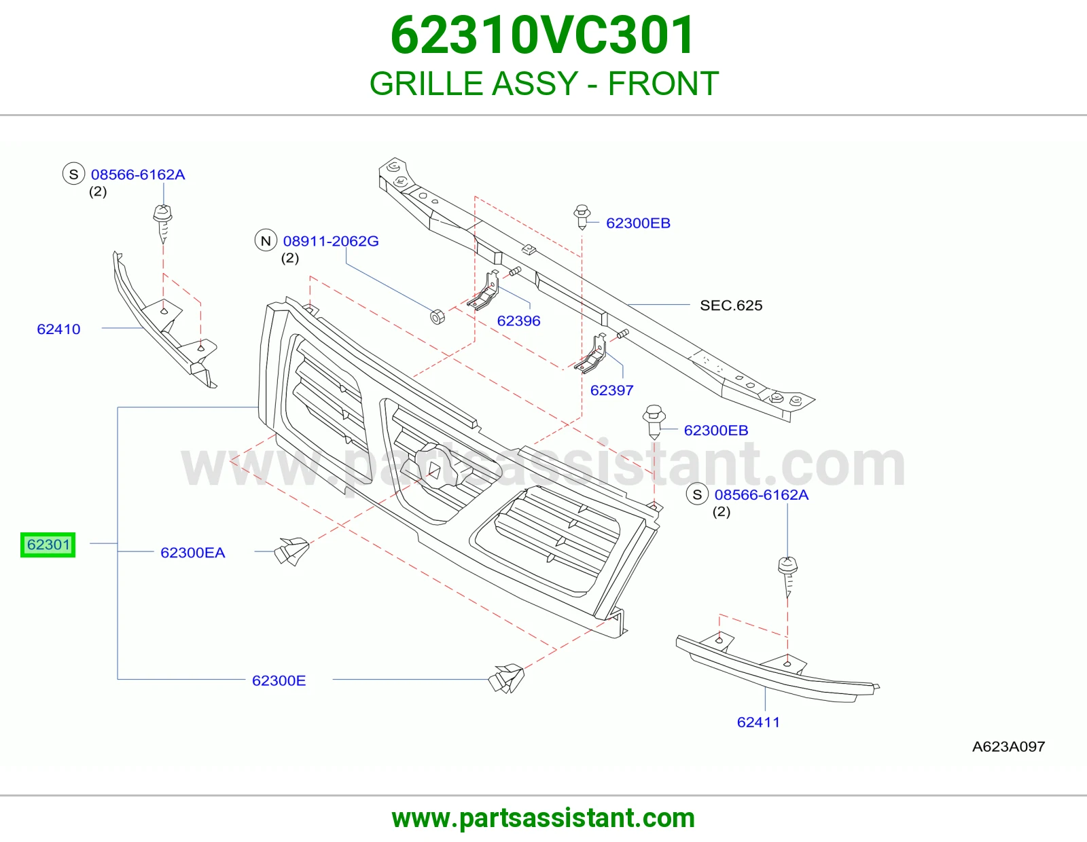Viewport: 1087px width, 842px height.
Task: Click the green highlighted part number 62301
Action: (x=48, y=545)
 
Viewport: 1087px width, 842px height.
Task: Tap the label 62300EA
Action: (x=192, y=553)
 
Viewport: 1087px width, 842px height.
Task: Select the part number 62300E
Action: (x=279, y=680)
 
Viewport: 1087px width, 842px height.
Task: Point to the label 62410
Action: (x=58, y=329)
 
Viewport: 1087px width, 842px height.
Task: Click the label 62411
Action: (x=758, y=722)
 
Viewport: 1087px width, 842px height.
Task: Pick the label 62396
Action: (x=519, y=321)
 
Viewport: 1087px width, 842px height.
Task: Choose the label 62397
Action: (x=612, y=390)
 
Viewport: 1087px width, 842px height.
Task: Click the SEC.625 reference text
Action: (x=731, y=305)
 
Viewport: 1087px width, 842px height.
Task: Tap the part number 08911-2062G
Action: (x=331, y=241)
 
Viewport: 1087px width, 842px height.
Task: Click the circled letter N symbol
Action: (x=266, y=240)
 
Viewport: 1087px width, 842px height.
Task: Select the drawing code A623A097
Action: (x=1008, y=746)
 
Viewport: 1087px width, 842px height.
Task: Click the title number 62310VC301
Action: (x=543, y=35)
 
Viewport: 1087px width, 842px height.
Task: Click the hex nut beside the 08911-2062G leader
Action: (x=438, y=316)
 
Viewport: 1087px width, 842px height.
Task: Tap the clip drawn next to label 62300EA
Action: (x=291, y=551)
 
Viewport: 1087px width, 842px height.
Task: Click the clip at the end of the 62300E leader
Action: (x=506, y=678)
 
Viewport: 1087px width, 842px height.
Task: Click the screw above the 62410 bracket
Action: (x=162, y=223)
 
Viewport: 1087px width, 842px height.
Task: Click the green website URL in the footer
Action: (x=543, y=818)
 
